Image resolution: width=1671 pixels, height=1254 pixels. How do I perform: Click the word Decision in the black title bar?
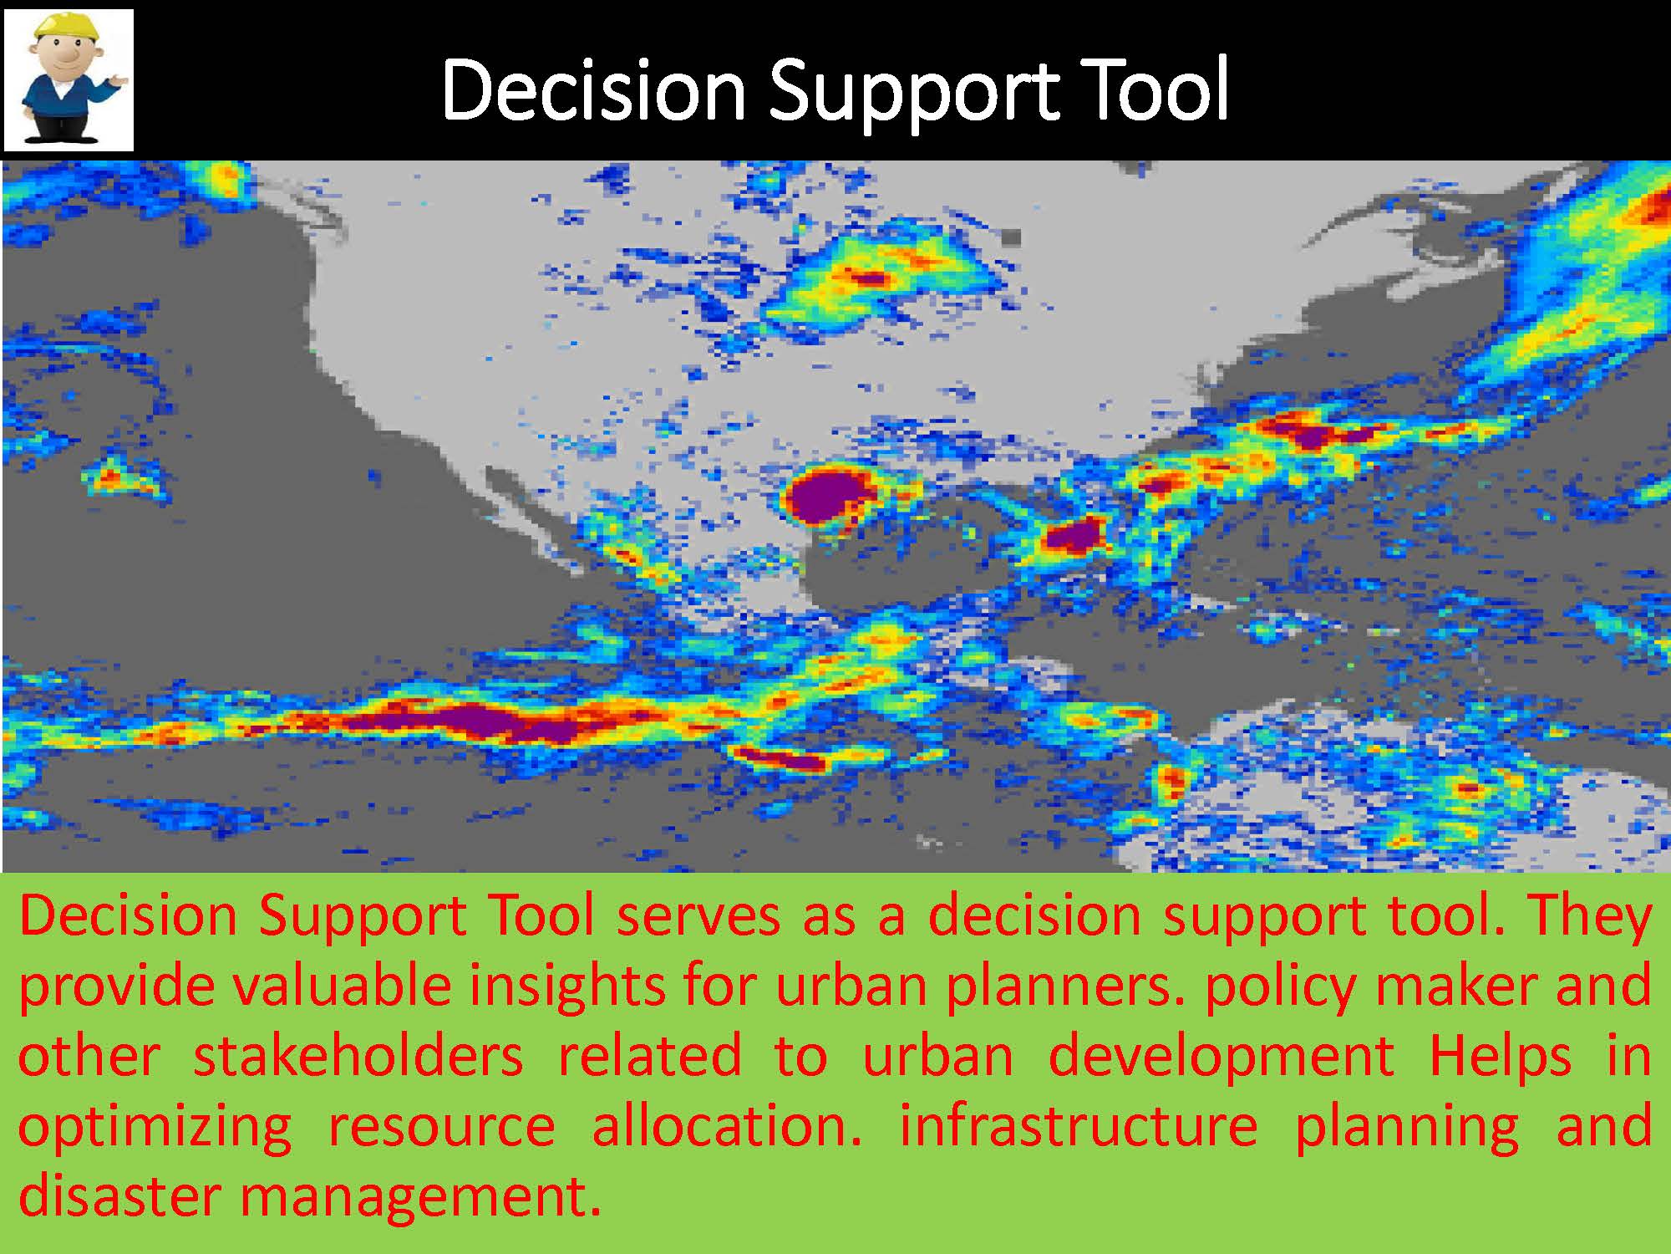[593, 90]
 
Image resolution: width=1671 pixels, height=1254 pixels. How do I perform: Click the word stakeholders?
[358, 1055]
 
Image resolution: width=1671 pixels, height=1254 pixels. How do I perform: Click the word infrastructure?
[1078, 1125]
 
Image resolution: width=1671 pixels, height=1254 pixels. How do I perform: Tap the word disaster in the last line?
[117, 1195]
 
